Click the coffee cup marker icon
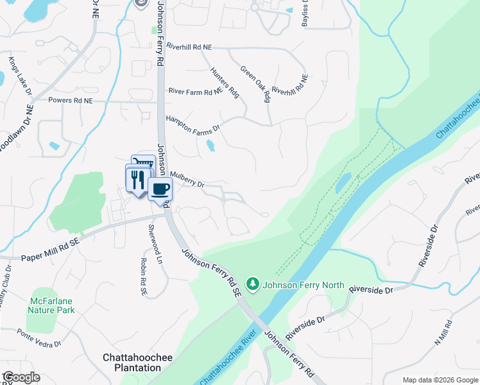coord(160,189)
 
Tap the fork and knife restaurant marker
coord(136,179)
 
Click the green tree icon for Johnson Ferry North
coord(253,284)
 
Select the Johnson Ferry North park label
coord(304,286)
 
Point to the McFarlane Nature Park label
coord(51,305)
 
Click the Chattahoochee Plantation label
coord(132,363)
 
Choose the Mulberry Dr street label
coord(187,179)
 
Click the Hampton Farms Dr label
coord(193,123)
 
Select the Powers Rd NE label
coord(71,100)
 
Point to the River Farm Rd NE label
coord(195,92)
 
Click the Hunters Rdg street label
coord(225,83)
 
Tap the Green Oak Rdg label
coord(255,83)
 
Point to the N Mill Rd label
coord(443,333)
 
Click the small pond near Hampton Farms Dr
coord(210,146)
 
